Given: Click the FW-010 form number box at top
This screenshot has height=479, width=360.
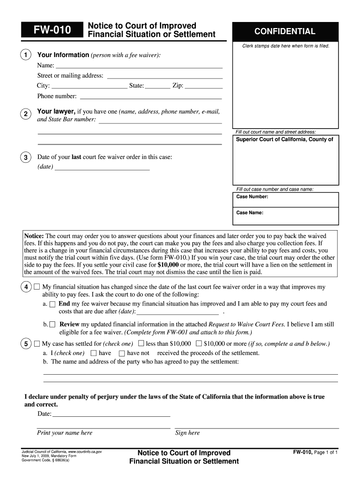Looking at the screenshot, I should click(52, 30).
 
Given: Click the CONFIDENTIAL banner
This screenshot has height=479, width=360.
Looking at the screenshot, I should click(285, 31).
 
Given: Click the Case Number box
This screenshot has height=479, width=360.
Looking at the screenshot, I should click(286, 200).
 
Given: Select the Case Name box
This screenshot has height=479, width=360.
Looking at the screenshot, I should click(286, 216).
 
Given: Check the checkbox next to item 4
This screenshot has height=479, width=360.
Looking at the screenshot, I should click(37, 287).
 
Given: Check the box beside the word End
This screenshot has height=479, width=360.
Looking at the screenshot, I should click(52, 304).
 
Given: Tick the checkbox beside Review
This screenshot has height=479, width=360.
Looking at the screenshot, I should click(52, 324).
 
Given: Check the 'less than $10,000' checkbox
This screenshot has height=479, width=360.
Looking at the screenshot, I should click(141, 343).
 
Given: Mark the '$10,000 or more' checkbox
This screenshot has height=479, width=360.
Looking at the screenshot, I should click(199, 343).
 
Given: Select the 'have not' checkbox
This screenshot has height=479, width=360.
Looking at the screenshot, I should click(122, 353).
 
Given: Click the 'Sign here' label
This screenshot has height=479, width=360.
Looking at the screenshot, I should click(187, 433).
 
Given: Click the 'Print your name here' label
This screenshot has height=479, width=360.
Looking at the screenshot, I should click(65, 433).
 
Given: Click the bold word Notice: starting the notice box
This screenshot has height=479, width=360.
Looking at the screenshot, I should click(34, 236).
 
